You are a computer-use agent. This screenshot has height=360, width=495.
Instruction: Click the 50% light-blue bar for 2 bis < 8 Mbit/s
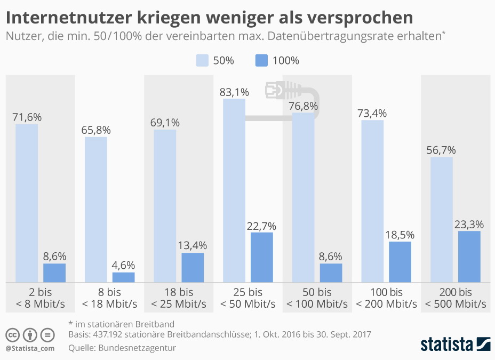coord(27,203)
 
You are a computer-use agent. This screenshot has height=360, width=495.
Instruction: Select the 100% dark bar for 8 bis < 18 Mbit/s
coord(123,277)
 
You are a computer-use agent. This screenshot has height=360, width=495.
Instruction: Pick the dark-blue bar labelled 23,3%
coord(469,257)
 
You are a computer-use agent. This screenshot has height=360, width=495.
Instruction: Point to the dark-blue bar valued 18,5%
coord(400,262)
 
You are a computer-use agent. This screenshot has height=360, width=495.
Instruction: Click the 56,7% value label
coord(441,150)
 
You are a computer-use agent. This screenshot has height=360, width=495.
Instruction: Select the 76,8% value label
coord(303,106)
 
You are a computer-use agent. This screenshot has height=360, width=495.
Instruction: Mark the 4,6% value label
coord(123,265)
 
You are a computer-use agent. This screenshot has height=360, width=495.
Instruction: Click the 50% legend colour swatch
coord(202,60)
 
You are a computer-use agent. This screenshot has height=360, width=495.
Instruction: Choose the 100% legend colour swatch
coord(261,60)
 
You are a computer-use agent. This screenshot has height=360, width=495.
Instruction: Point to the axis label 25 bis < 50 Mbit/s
coord(248,298)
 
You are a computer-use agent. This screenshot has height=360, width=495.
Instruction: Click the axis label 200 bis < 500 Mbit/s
coord(456,298)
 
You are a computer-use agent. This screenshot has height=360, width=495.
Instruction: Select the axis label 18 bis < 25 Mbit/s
coord(179,298)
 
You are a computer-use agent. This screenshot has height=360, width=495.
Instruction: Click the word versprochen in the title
coord(363,17)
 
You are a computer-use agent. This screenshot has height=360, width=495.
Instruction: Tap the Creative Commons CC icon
coord(13,335)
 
